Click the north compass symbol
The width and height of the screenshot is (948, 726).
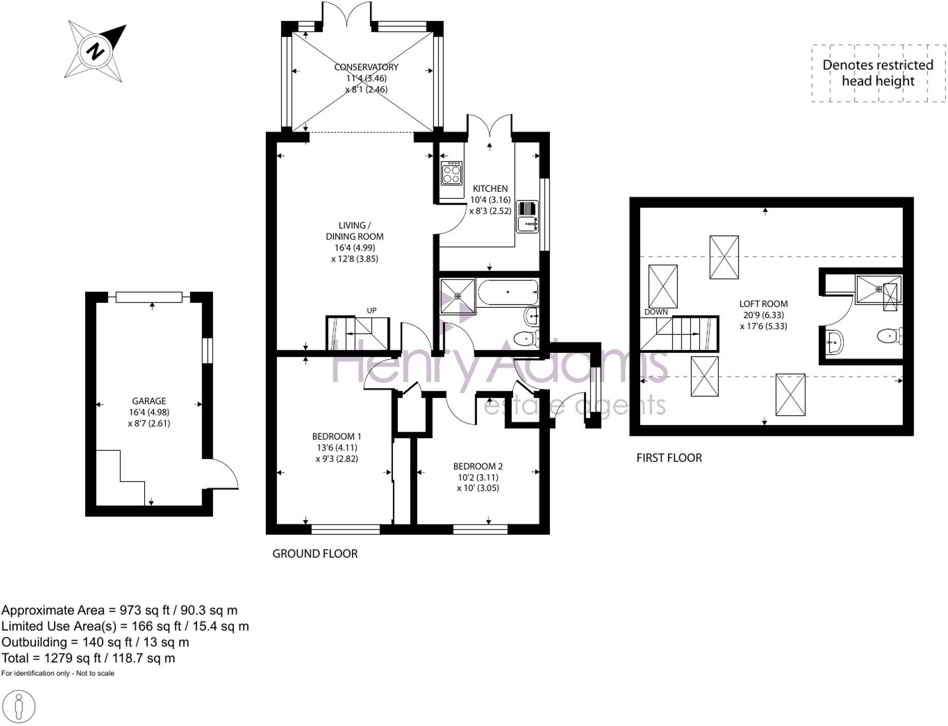95,51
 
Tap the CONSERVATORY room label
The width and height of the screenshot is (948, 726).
366,67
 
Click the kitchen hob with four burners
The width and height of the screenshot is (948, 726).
451,173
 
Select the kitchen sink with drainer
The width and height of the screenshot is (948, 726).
527,217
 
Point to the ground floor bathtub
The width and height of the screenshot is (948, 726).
507,292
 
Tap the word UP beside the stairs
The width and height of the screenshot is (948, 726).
371,310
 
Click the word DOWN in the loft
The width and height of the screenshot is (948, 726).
656,312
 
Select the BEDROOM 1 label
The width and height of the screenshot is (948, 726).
337,436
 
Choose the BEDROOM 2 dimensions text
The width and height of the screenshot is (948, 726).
478,482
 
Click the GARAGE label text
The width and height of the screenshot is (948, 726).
149,401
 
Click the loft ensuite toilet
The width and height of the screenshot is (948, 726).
890,336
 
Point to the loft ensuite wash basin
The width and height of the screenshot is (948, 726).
835,341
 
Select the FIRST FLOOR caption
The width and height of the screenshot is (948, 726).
669,458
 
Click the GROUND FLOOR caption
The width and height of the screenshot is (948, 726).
315,554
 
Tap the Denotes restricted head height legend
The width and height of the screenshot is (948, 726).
878,73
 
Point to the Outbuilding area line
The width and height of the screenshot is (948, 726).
95,642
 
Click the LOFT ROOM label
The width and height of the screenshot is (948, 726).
763,304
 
